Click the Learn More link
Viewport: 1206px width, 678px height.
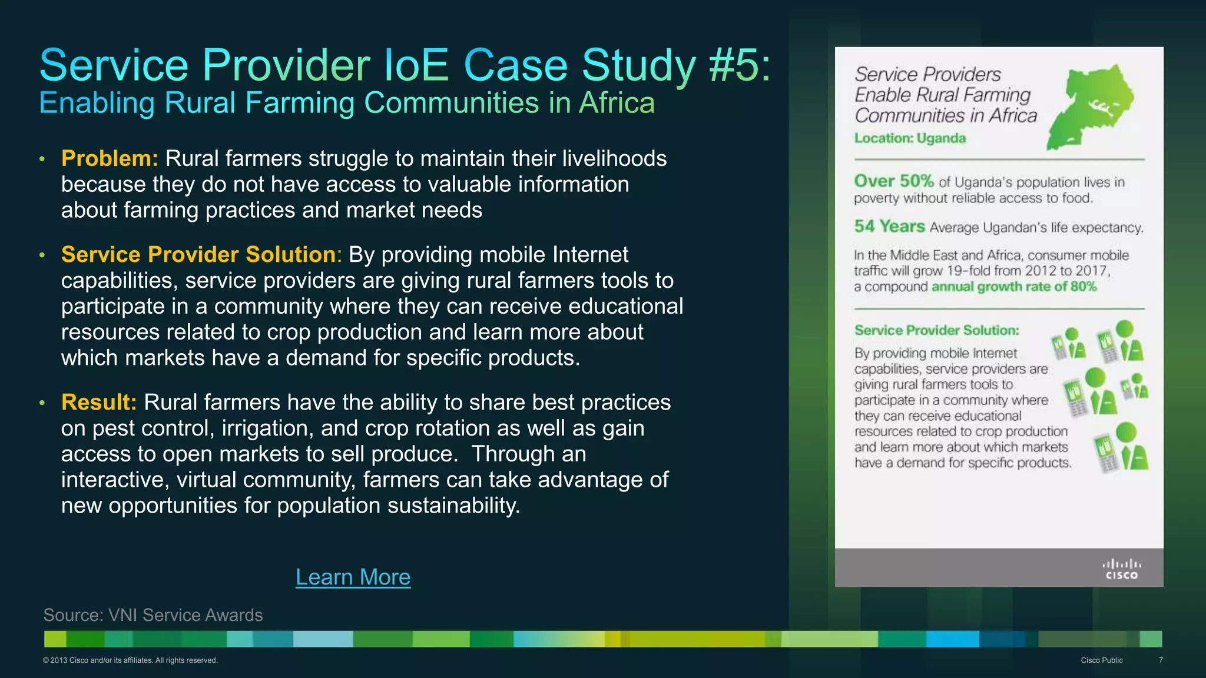coord(353,577)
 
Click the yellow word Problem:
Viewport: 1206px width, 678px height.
coord(110,159)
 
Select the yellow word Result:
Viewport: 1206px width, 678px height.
coord(99,403)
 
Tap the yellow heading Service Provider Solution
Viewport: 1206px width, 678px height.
coord(198,255)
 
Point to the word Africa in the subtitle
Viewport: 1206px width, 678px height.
coord(617,103)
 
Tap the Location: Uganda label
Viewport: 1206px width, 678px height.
coord(910,138)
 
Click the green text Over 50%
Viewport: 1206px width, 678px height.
coord(893,181)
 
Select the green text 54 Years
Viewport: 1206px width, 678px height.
coord(889,227)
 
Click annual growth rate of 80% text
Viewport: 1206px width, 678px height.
coord(1013,287)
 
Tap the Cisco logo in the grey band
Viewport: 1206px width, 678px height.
coord(1121,569)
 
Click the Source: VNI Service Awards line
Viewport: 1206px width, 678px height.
coord(153,615)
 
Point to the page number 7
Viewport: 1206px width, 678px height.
coord(1161,660)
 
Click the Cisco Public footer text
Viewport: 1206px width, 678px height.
coord(1101,660)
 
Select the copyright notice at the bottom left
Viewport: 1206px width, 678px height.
coord(130,660)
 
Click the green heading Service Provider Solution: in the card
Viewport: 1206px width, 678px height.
coord(936,330)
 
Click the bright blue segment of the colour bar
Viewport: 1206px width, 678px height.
coord(952,639)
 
